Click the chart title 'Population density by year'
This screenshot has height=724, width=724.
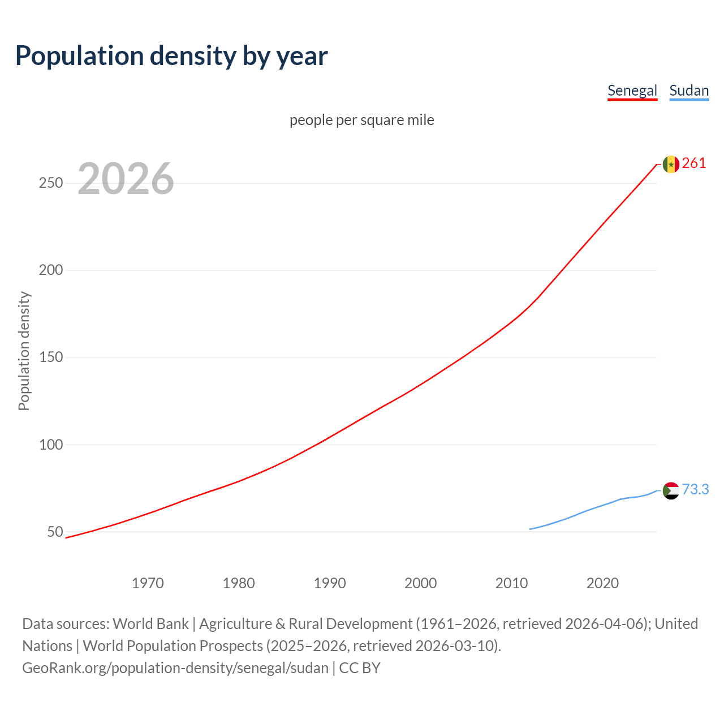[171, 56]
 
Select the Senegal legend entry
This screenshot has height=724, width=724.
[632, 90]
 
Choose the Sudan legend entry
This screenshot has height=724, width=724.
[688, 90]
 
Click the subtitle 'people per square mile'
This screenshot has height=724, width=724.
[361, 120]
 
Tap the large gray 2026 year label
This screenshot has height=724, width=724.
[126, 179]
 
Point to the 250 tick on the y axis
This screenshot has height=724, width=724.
[50, 183]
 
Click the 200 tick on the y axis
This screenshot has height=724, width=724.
[50, 270]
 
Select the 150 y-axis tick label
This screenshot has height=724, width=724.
[50, 357]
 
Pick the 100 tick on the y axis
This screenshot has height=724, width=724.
[50, 445]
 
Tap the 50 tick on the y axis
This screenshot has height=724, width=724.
[55, 532]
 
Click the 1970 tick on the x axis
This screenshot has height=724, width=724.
[148, 583]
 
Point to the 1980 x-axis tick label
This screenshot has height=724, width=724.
[239, 583]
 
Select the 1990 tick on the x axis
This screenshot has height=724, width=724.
[330, 583]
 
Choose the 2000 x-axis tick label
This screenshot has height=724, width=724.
[420, 583]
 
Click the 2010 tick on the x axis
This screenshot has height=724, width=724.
[511, 583]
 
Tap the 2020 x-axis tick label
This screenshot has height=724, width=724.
[602, 583]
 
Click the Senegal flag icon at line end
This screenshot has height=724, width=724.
[671, 164]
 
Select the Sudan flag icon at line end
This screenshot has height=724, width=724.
[671, 490]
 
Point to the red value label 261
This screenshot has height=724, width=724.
[694, 163]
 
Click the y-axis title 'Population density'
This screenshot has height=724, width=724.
[24, 351]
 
